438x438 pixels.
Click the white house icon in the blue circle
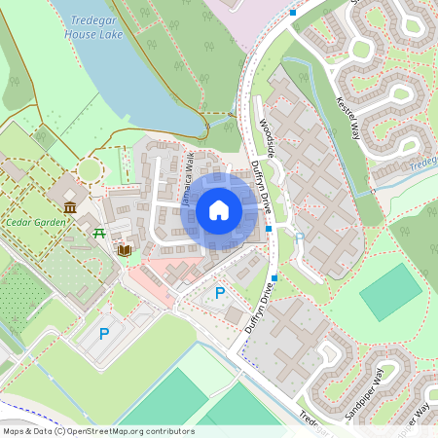pos(219,210)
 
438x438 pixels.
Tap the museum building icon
pos(70,208)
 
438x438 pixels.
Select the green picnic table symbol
pos(99,232)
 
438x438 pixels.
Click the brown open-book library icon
pos(124,250)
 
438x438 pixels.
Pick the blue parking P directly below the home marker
pos(219,293)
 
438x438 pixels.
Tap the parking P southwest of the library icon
pos(104,334)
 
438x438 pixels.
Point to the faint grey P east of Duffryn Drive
pos(299,237)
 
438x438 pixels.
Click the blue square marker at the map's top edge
pos(293,12)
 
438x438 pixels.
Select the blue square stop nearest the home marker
pos(269,229)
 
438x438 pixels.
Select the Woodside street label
pos(263,136)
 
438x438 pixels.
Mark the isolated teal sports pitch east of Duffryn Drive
pos(391,291)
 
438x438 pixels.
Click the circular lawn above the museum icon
pos(90,169)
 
